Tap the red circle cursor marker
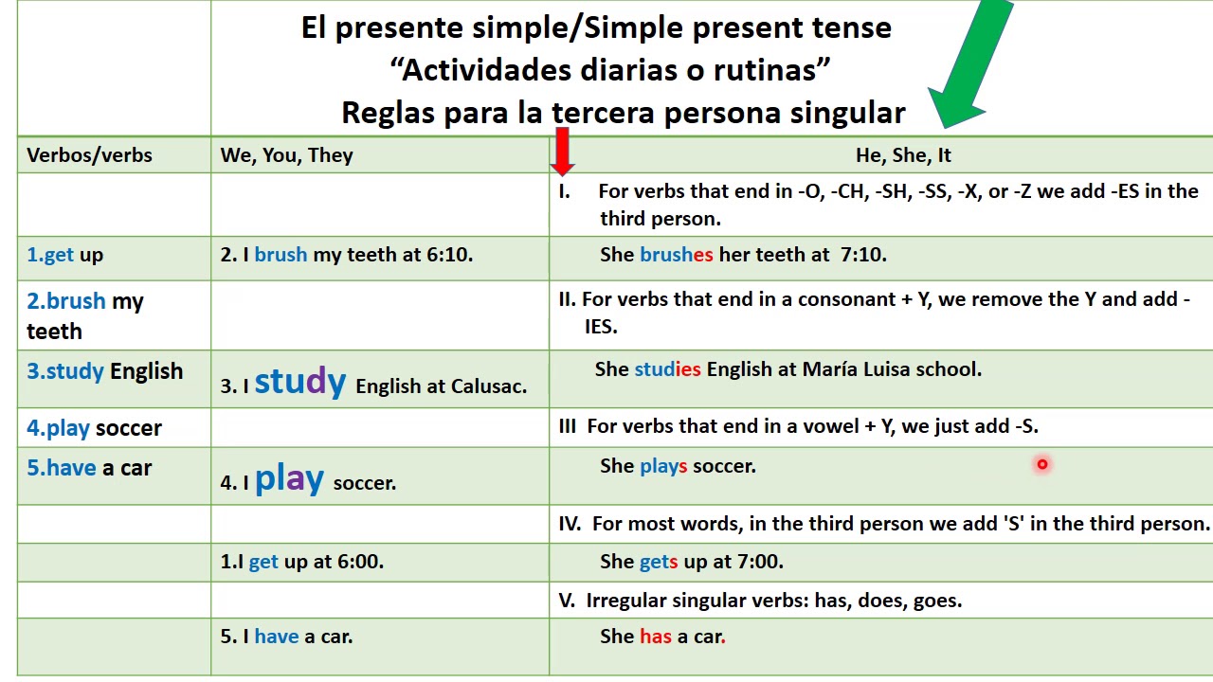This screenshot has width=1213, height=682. point(1041,464)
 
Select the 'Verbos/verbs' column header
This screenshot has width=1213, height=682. point(89,155)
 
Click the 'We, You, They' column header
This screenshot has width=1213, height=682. point(286,155)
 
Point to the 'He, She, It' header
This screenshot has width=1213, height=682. point(902,155)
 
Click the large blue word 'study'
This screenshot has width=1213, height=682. point(299,381)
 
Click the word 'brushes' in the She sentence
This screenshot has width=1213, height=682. point(676,255)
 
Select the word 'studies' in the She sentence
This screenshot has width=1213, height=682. point(667,369)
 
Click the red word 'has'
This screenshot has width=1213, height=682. point(655,637)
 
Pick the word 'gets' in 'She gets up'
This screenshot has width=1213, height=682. point(659,562)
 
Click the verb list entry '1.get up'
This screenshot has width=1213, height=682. point(64,255)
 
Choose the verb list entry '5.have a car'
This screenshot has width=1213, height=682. point(89,468)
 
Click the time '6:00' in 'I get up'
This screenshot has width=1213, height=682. point(360,562)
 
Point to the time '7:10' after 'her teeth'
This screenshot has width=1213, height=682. point(862,255)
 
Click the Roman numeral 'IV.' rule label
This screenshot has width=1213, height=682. point(570,524)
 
